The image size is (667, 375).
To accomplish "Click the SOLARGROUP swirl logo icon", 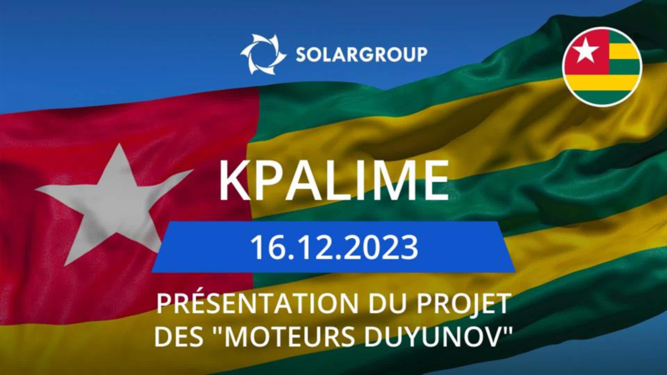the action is [x=263, y=54].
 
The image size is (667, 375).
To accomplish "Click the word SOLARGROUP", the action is [x=361, y=55].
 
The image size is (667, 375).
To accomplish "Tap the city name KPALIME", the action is [x=333, y=181].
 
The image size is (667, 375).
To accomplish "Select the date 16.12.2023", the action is [x=334, y=248].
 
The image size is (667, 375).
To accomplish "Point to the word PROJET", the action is [x=462, y=304].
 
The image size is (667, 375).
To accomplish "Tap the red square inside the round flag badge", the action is [x=586, y=52].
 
